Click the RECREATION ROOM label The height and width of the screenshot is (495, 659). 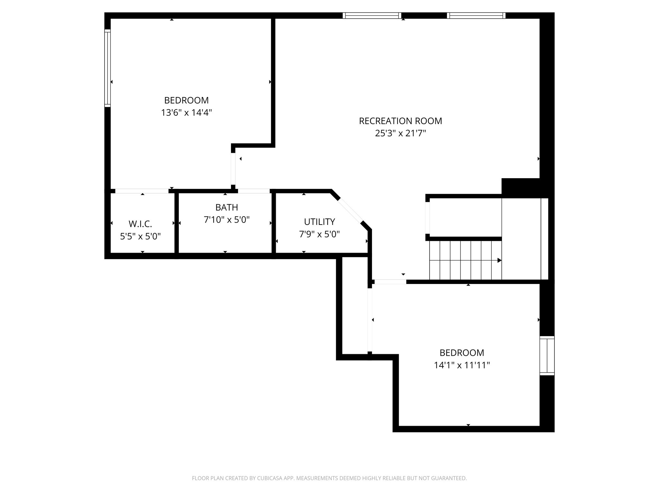[400, 121]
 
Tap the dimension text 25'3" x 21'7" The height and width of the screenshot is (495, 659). [400, 133]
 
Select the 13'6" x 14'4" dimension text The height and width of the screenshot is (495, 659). [186, 113]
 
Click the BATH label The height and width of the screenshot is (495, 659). [227, 207]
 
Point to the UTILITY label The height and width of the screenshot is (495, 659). [319, 222]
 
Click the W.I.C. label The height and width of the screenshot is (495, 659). [140, 224]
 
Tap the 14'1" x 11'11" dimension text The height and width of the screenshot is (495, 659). [462, 365]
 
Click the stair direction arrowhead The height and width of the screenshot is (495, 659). [499, 260]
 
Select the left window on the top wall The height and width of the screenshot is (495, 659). [372, 15]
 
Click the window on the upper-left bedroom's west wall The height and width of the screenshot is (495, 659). [107, 68]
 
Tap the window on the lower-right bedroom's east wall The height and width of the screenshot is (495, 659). [547, 356]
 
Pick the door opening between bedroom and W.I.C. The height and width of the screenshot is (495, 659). [142, 191]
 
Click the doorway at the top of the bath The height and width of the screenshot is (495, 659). [254, 191]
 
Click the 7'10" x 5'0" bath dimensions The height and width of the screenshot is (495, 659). [227, 220]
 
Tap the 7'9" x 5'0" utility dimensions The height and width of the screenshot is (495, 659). [319, 234]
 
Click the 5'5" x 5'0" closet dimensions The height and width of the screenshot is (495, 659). [140, 237]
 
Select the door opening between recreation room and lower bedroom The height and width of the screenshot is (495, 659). [390, 282]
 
